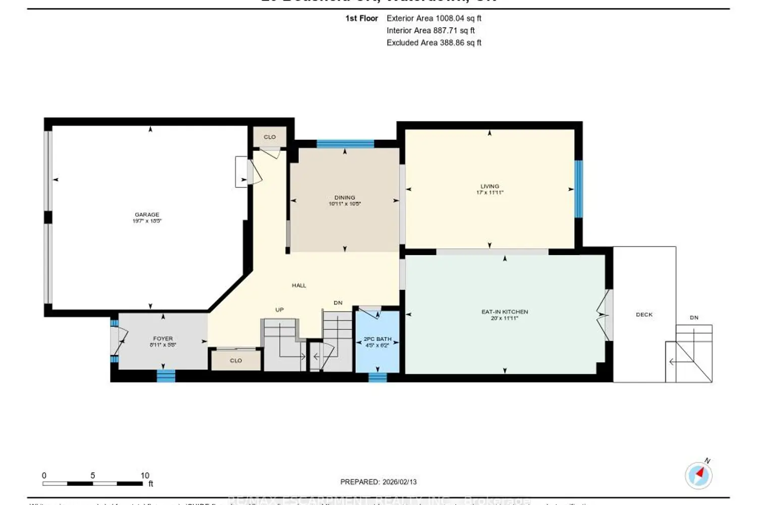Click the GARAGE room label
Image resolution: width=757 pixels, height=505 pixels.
[x=147, y=215]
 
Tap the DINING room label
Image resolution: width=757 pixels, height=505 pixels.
[x=345, y=197]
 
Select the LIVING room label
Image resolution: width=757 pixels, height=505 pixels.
[x=490, y=186]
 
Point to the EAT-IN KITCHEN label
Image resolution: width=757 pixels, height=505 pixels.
[x=505, y=312]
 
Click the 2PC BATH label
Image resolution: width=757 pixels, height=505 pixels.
[x=377, y=339]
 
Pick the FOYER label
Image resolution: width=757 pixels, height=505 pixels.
[x=163, y=338]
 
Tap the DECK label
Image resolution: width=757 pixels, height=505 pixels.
[x=644, y=315]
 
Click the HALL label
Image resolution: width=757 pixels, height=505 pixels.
[x=299, y=285]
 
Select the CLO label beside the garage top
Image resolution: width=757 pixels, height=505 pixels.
[x=269, y=137]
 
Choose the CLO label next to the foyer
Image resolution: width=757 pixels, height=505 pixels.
[x=236, y=361]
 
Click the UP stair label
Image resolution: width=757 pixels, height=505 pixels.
[x=280, y=310]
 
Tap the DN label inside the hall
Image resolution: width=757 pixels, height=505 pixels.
[x=338, y=303]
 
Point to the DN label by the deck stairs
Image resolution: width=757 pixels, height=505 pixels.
[x=694, y=318]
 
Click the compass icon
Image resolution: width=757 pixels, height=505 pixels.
[x=699, y=475]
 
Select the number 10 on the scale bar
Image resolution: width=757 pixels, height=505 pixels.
[x=145, y=476]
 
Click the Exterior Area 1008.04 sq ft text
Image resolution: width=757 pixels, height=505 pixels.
[x=434, y=18]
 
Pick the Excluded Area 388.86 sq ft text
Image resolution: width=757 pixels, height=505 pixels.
[x=434, y=43]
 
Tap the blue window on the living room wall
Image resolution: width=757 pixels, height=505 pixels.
[x=579, y=189]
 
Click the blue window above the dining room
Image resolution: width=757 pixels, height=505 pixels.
[x=345, y=144]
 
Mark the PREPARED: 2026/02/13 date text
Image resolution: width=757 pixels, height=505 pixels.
[x=379, y=482]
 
